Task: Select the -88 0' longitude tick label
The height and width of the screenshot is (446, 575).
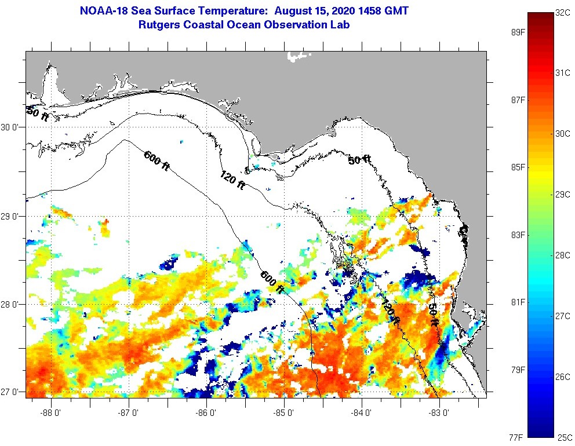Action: [x=52, y=413]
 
